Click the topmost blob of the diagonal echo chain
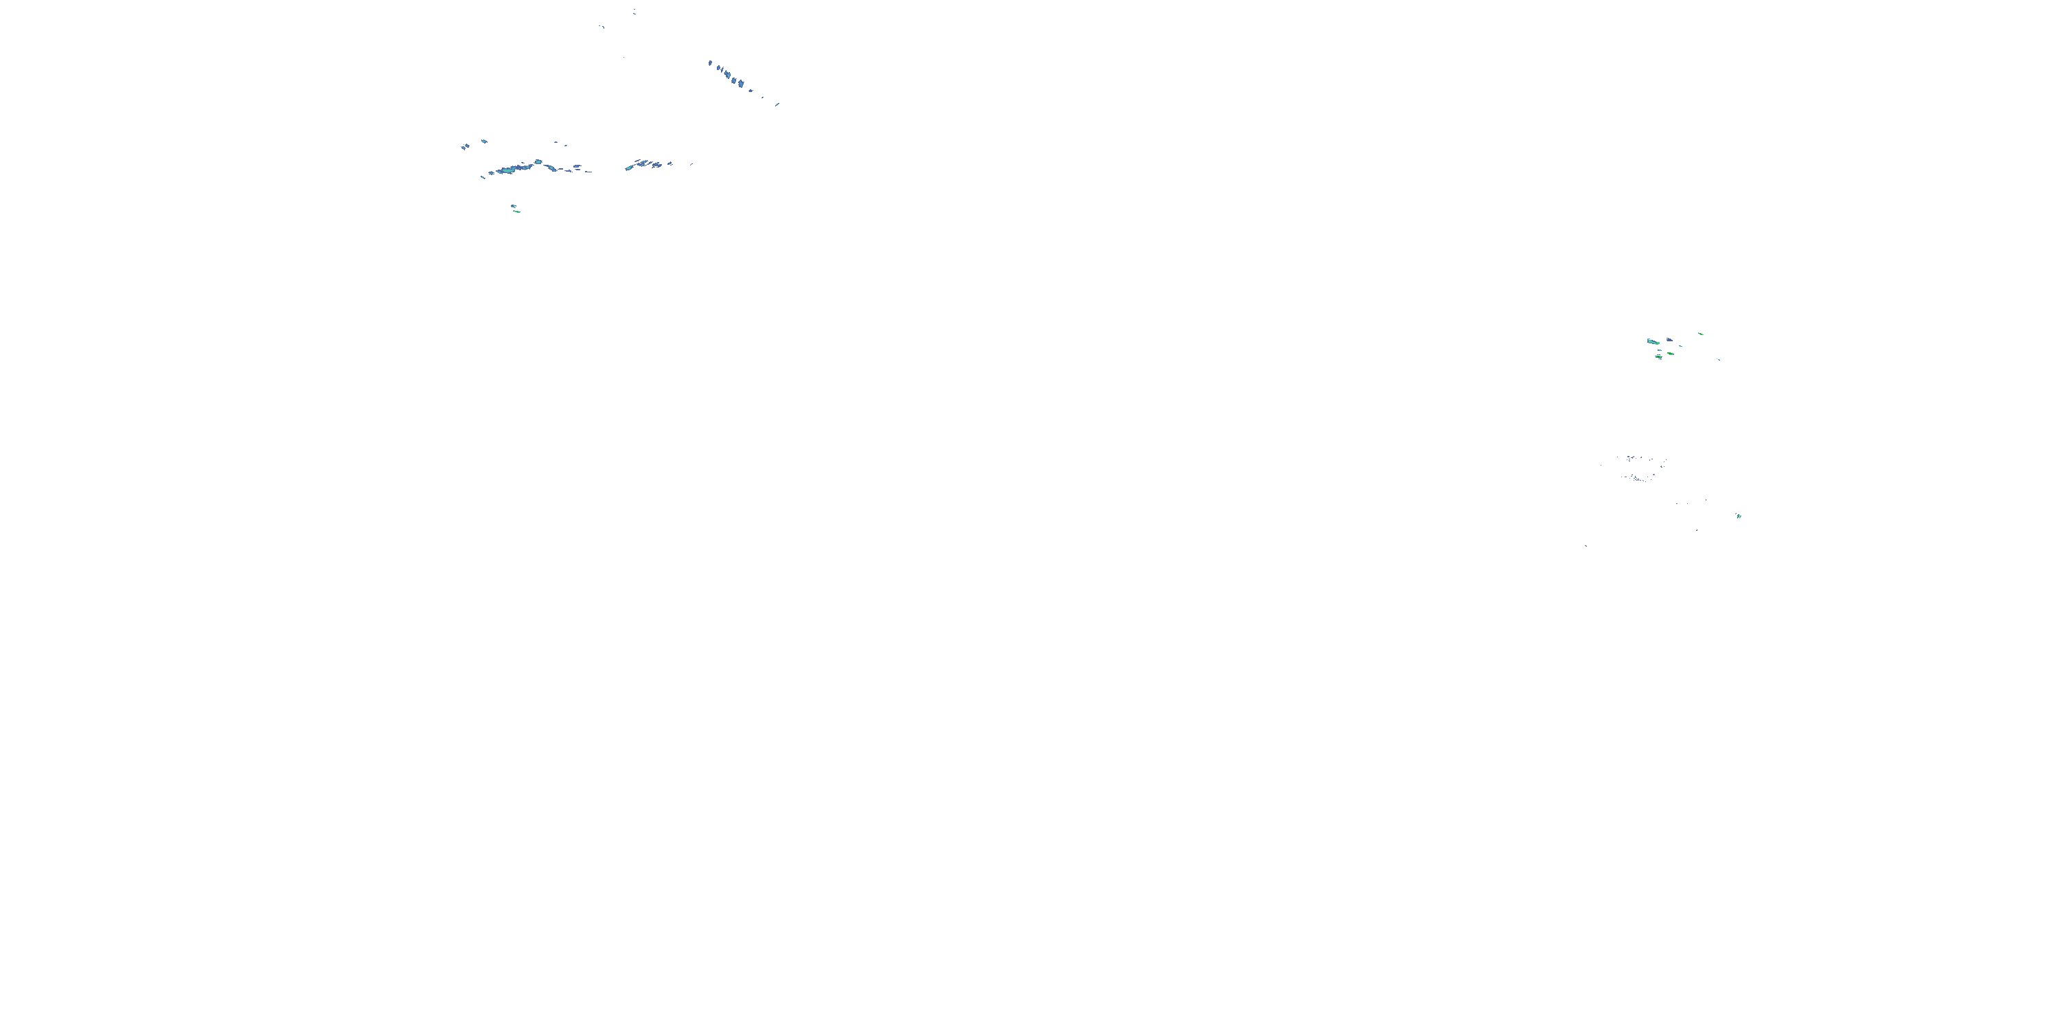[x=710, y=62]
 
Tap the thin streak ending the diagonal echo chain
[x=777, y=104]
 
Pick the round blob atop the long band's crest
[x=538, y=161]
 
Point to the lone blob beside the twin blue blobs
[x=484, y=141]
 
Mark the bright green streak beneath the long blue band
[x=516, y=212]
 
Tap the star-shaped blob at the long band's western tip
[x=482, y=176]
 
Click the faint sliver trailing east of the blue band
[x=691, y=164]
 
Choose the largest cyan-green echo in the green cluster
[x=1653, y=341]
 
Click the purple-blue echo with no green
[x=1669, y=341]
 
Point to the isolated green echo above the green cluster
[x=1700, y=334]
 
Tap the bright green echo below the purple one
[x=1670, y=353]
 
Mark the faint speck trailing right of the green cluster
[x=1718, y=359]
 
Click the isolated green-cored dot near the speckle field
[x=1739, y=516]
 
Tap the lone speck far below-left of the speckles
[x=1586, y=546]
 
